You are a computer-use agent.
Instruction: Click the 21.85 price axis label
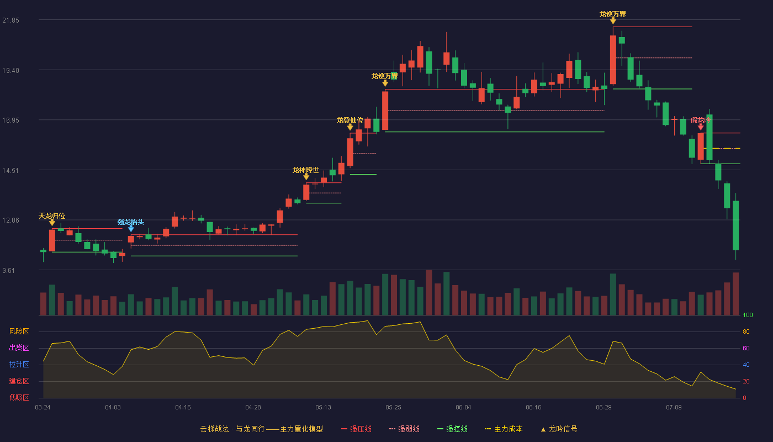click(10, 20)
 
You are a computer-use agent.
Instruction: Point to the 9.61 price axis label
click(9, 270)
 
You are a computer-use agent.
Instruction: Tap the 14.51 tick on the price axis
click(10, 171)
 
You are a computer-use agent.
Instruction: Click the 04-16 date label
click(183, 408)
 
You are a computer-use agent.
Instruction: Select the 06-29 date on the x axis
click(603, 408)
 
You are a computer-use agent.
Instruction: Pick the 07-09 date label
click(674, 408)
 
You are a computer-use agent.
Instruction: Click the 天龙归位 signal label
click(52, 216)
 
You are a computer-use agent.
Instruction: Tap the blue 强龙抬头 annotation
click(130, 222)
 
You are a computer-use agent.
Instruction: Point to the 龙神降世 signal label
click(306, 170)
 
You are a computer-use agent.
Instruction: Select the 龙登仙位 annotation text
click(350, 120)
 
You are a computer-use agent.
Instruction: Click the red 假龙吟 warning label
click(701, 120)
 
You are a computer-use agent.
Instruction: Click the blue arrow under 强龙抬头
click(131, 229)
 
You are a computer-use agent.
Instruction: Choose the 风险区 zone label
click(19, 331)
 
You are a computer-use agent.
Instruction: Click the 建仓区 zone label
click(19, 381)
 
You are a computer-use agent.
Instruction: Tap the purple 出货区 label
click(19, 348)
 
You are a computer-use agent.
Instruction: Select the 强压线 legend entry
click(356, 429)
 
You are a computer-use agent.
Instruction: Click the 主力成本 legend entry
click(504, 429)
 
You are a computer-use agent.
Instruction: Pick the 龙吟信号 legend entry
click(559, 429)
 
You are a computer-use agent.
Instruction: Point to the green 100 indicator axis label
click(748, 315)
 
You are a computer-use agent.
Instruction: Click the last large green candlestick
click(735, 225)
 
